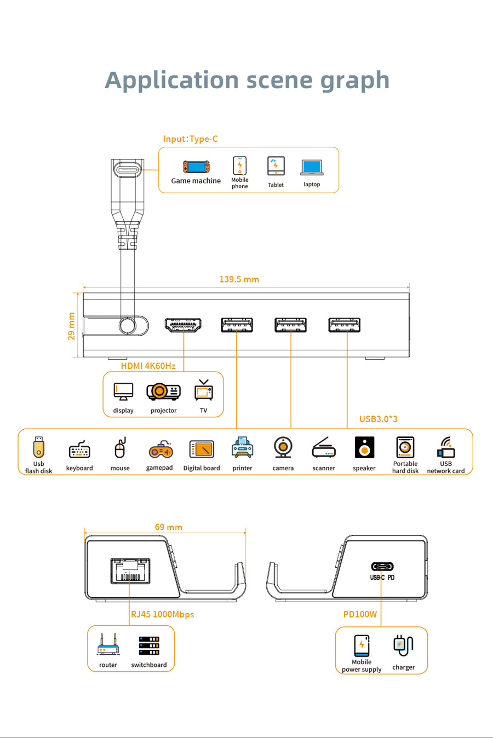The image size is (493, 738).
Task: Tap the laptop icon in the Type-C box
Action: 312,167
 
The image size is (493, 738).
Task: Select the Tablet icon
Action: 276,166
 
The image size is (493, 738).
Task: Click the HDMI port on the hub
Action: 183,325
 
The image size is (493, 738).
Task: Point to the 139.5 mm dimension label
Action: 239,279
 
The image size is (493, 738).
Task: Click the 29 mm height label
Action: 71,326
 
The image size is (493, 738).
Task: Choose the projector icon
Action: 163,391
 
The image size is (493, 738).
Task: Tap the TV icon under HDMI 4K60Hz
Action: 203,390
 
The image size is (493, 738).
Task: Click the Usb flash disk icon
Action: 38,447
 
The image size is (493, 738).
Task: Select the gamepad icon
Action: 160,449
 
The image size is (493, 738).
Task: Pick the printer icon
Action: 242,448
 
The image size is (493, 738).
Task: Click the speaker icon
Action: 364,448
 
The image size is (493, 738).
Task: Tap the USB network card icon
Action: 446,447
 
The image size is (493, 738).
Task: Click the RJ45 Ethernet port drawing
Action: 130,570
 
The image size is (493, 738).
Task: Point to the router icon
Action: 108,644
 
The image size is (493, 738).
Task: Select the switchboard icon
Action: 149,645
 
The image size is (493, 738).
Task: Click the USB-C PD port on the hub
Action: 382,567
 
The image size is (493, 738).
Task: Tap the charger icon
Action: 403,646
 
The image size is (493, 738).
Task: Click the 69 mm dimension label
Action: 168,527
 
